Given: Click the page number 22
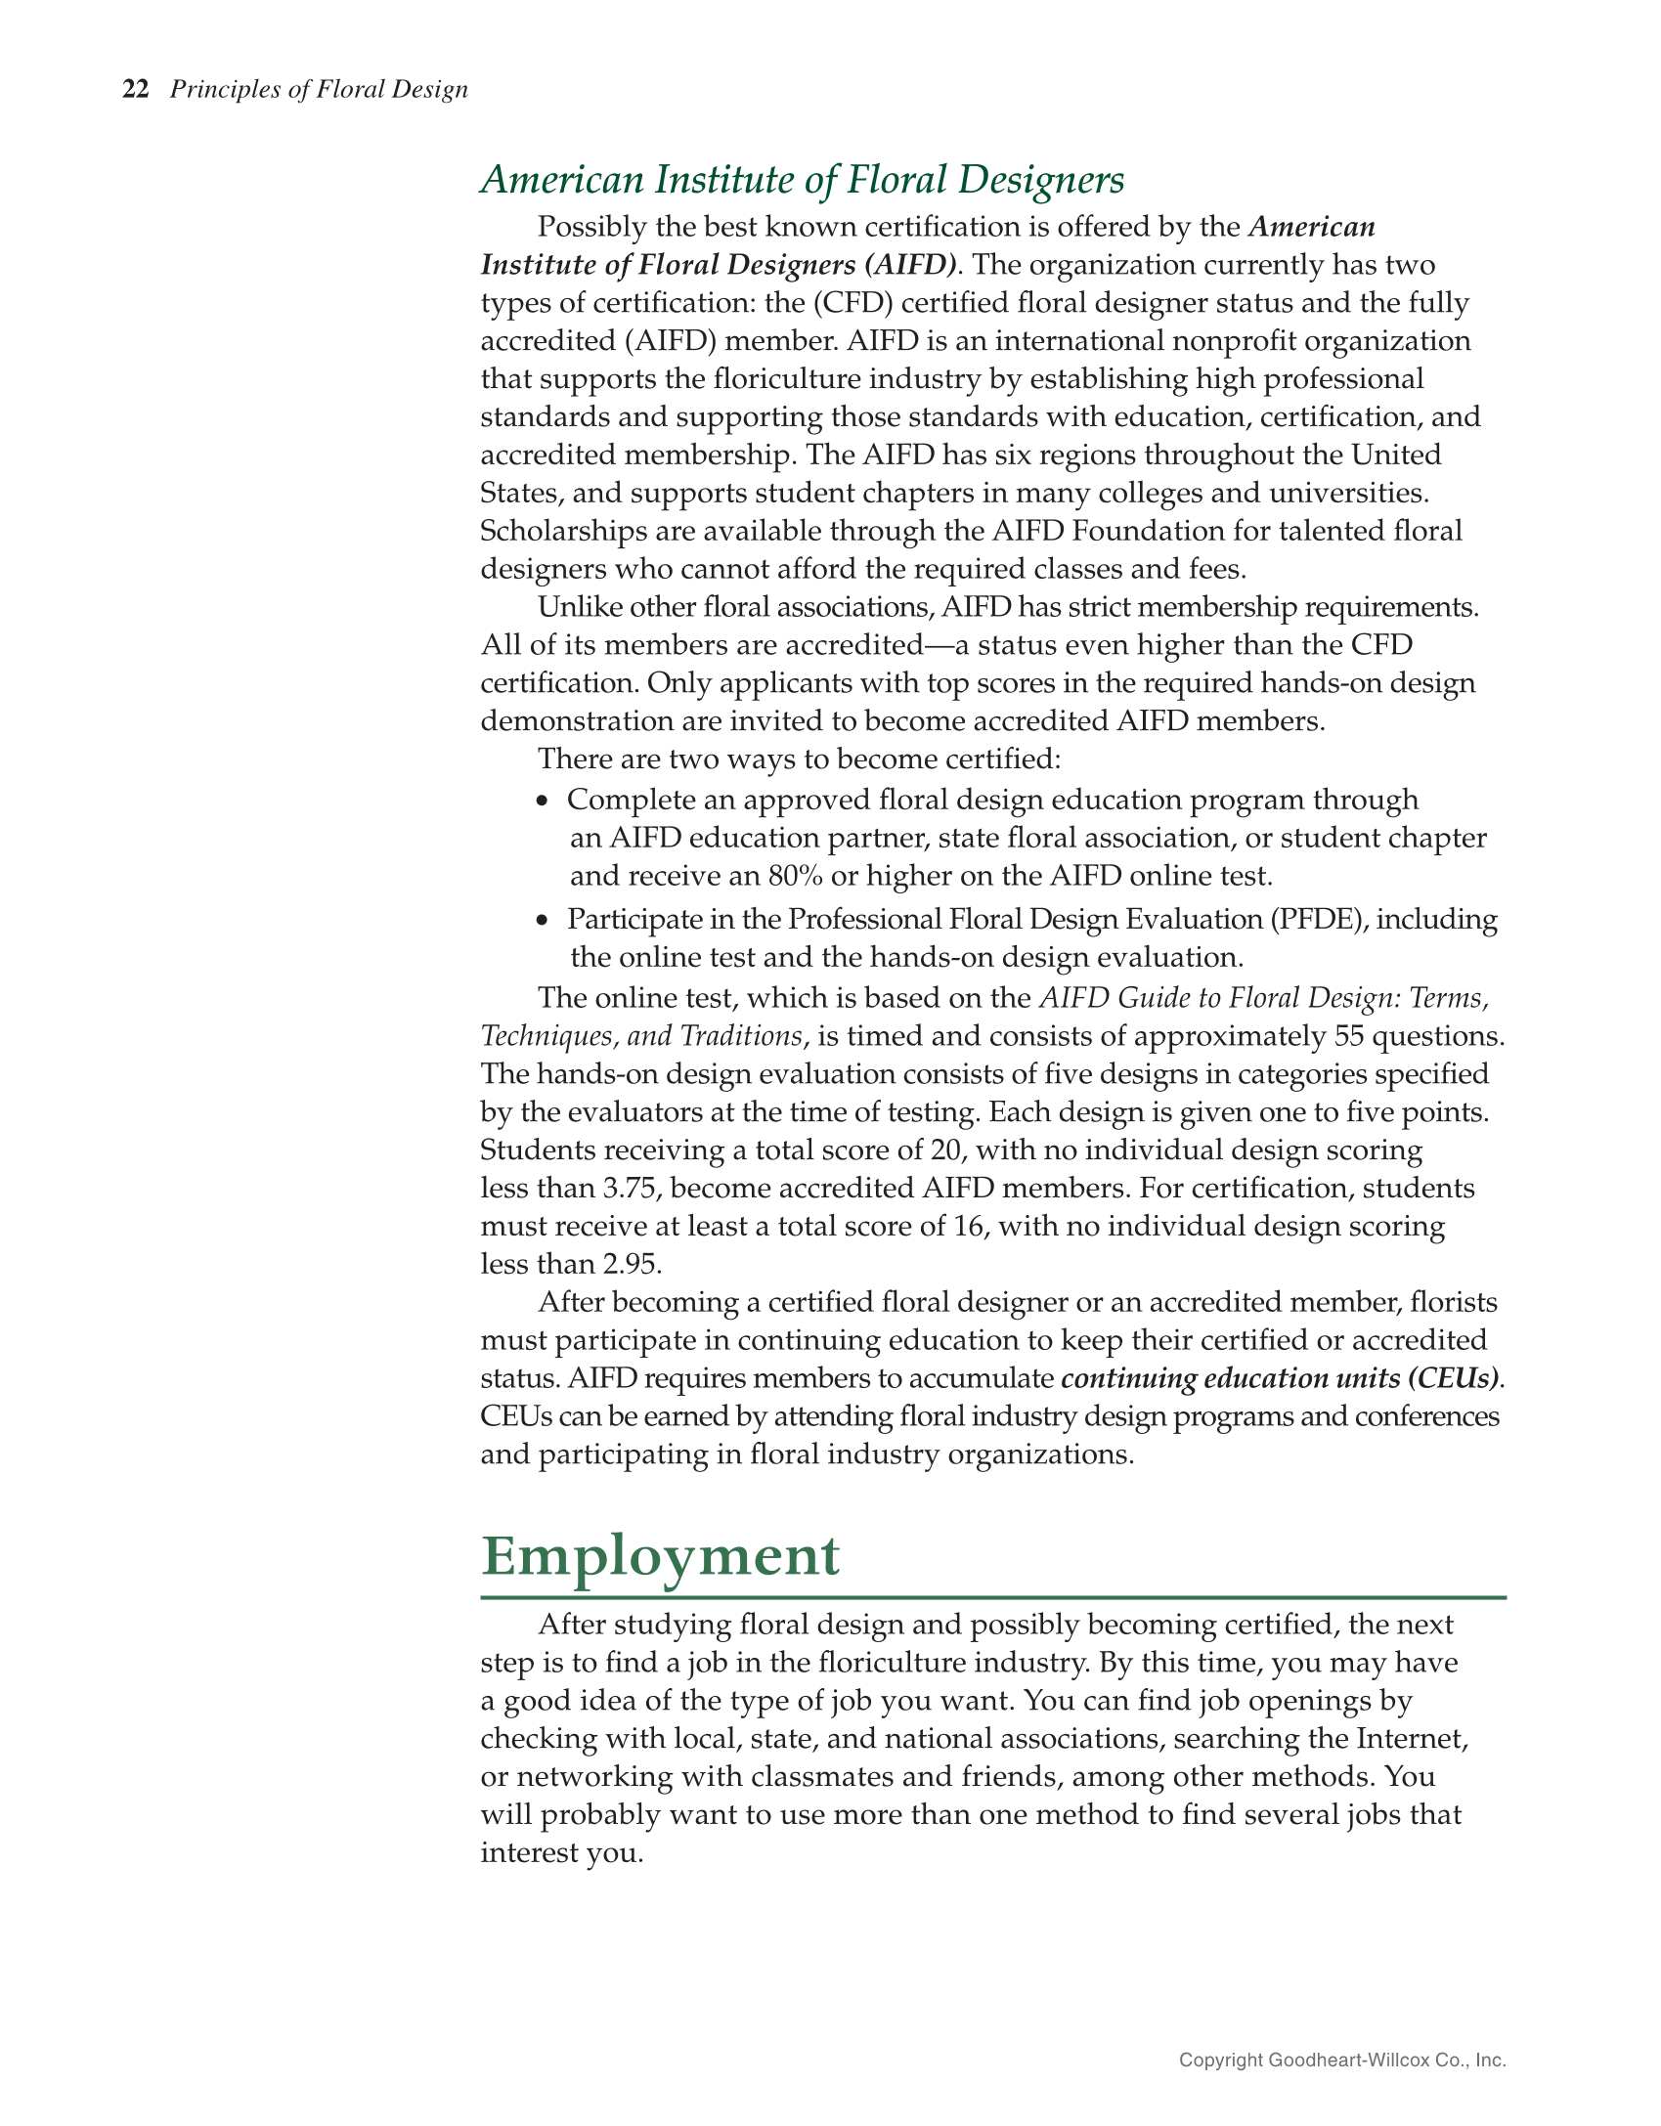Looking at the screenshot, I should (135, 90).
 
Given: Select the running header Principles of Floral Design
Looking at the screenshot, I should (319, 90).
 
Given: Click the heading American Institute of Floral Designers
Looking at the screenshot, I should (802, 180).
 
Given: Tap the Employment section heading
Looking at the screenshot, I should (660, 1555).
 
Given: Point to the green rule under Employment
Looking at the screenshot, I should (992, 1597).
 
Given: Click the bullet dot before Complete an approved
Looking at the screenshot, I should (544, 801).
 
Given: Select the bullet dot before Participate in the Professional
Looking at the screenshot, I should (544, 921).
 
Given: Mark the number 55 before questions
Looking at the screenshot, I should (1348, 1036).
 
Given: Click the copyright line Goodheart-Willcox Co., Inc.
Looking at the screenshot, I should (1341, 2061).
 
